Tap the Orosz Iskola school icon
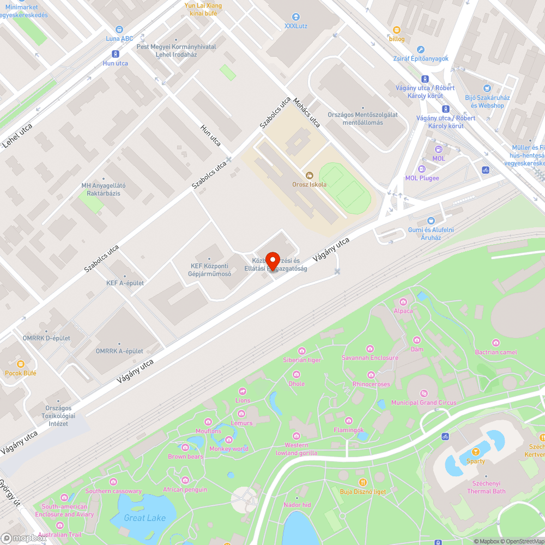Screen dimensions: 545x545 [x=310, y=175]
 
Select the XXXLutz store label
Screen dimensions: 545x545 [x=296, y=25]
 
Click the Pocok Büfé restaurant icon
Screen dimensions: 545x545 [x=21, y=364]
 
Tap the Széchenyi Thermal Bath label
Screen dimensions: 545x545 [x=486, y=487]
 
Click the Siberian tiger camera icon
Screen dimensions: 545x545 [x=301, y=350]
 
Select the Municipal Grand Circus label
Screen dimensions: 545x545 [x=424, y=402]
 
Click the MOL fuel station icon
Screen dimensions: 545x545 [x=438, y=149]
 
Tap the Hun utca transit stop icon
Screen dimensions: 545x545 [x=115, y=53]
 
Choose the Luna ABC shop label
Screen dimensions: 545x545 [x=119, y=39]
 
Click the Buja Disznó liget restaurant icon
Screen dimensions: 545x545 [x=362, y=482]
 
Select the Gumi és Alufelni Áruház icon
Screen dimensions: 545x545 [x=431, y=221]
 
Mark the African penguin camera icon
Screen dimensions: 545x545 [x=185, y=480]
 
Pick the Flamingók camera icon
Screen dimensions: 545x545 [x=349, y=421]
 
